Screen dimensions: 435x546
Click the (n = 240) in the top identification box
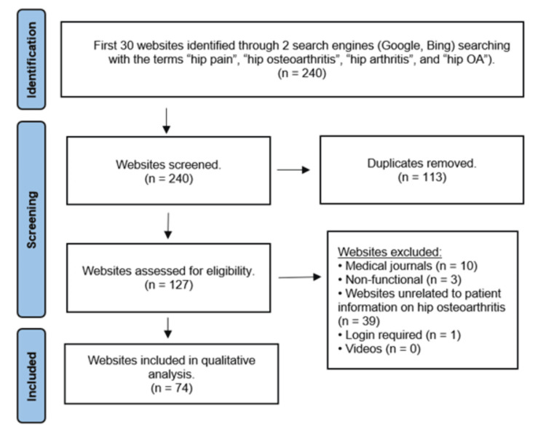coord(301,73)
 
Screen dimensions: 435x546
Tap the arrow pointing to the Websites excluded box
coord(301,276)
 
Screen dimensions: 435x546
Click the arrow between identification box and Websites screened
coord(167,120)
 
